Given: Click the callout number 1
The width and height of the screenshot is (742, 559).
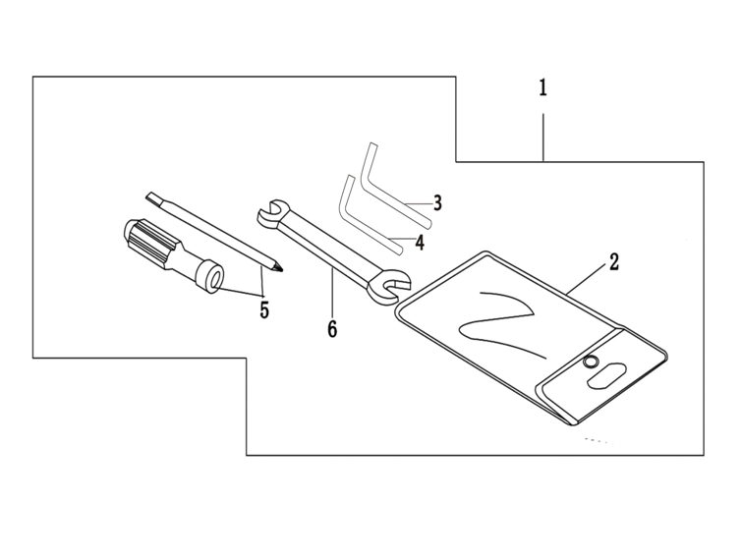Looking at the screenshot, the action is [543, 88].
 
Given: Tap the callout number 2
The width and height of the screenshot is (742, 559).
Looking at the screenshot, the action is [614, 261].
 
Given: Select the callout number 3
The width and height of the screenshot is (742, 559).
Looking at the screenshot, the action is [437, 202].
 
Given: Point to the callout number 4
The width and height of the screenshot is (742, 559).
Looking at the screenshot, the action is [420, 242].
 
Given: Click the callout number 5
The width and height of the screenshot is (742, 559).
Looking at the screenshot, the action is [264, 309].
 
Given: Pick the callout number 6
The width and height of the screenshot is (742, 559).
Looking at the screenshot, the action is [332, 329].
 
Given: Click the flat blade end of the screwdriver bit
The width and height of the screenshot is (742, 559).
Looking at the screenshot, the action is [153, 198].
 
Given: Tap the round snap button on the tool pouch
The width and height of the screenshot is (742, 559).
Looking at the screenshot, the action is [590, 362].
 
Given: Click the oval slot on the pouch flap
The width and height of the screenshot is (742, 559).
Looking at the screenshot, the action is [606, 374].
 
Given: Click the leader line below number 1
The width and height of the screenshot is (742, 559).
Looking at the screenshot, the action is [543, 138].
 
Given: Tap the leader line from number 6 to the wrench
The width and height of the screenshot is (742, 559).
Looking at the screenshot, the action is [332, 292].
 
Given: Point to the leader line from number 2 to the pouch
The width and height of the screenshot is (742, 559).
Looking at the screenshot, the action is [587, 279].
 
